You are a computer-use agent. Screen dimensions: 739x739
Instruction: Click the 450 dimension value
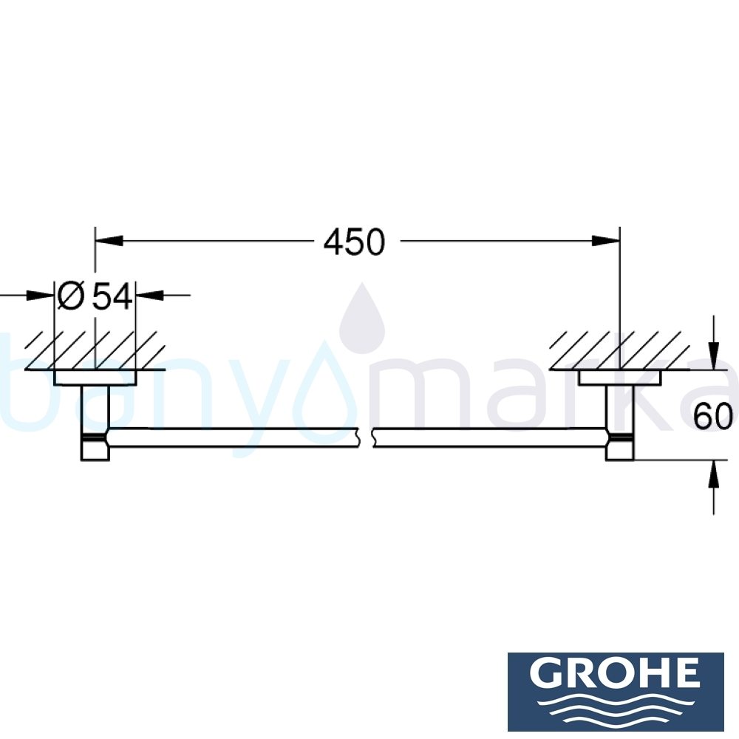click(355, 242)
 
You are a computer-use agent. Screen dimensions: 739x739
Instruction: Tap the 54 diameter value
click(112, 296)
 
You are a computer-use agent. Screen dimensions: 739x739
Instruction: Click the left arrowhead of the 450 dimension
click(108, 240)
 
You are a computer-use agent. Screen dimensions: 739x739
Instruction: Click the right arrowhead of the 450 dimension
click(606, 240)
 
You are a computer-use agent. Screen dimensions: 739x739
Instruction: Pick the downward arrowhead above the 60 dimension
click(713, 355)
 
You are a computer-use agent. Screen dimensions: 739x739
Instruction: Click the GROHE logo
click(615, 691)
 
